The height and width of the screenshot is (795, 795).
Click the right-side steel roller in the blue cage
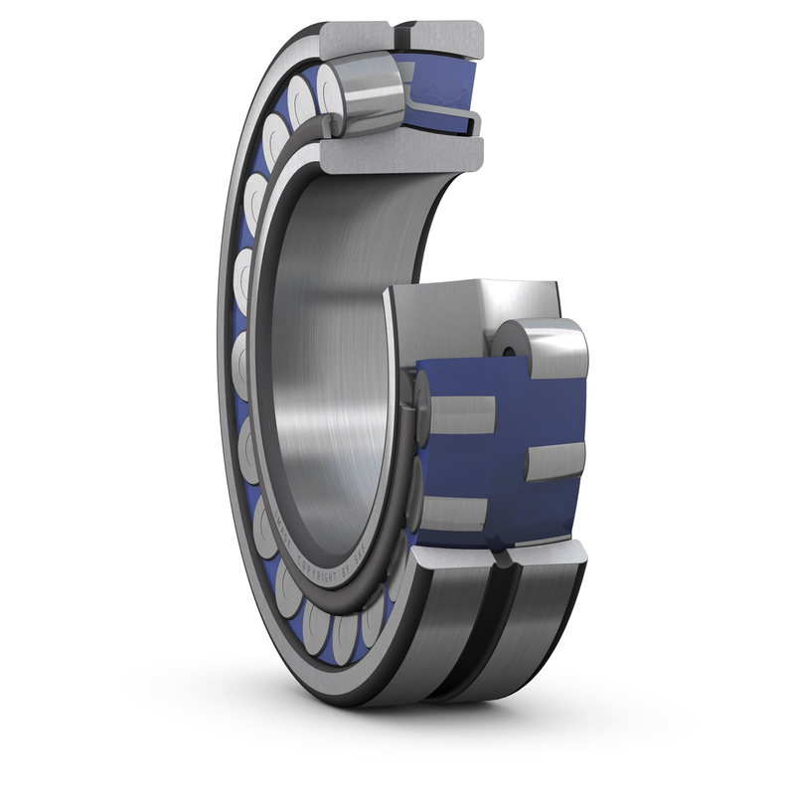pyautogui.click(x=553, y=463)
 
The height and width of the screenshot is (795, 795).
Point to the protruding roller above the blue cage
pyautogui.click(x=542, y=348)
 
